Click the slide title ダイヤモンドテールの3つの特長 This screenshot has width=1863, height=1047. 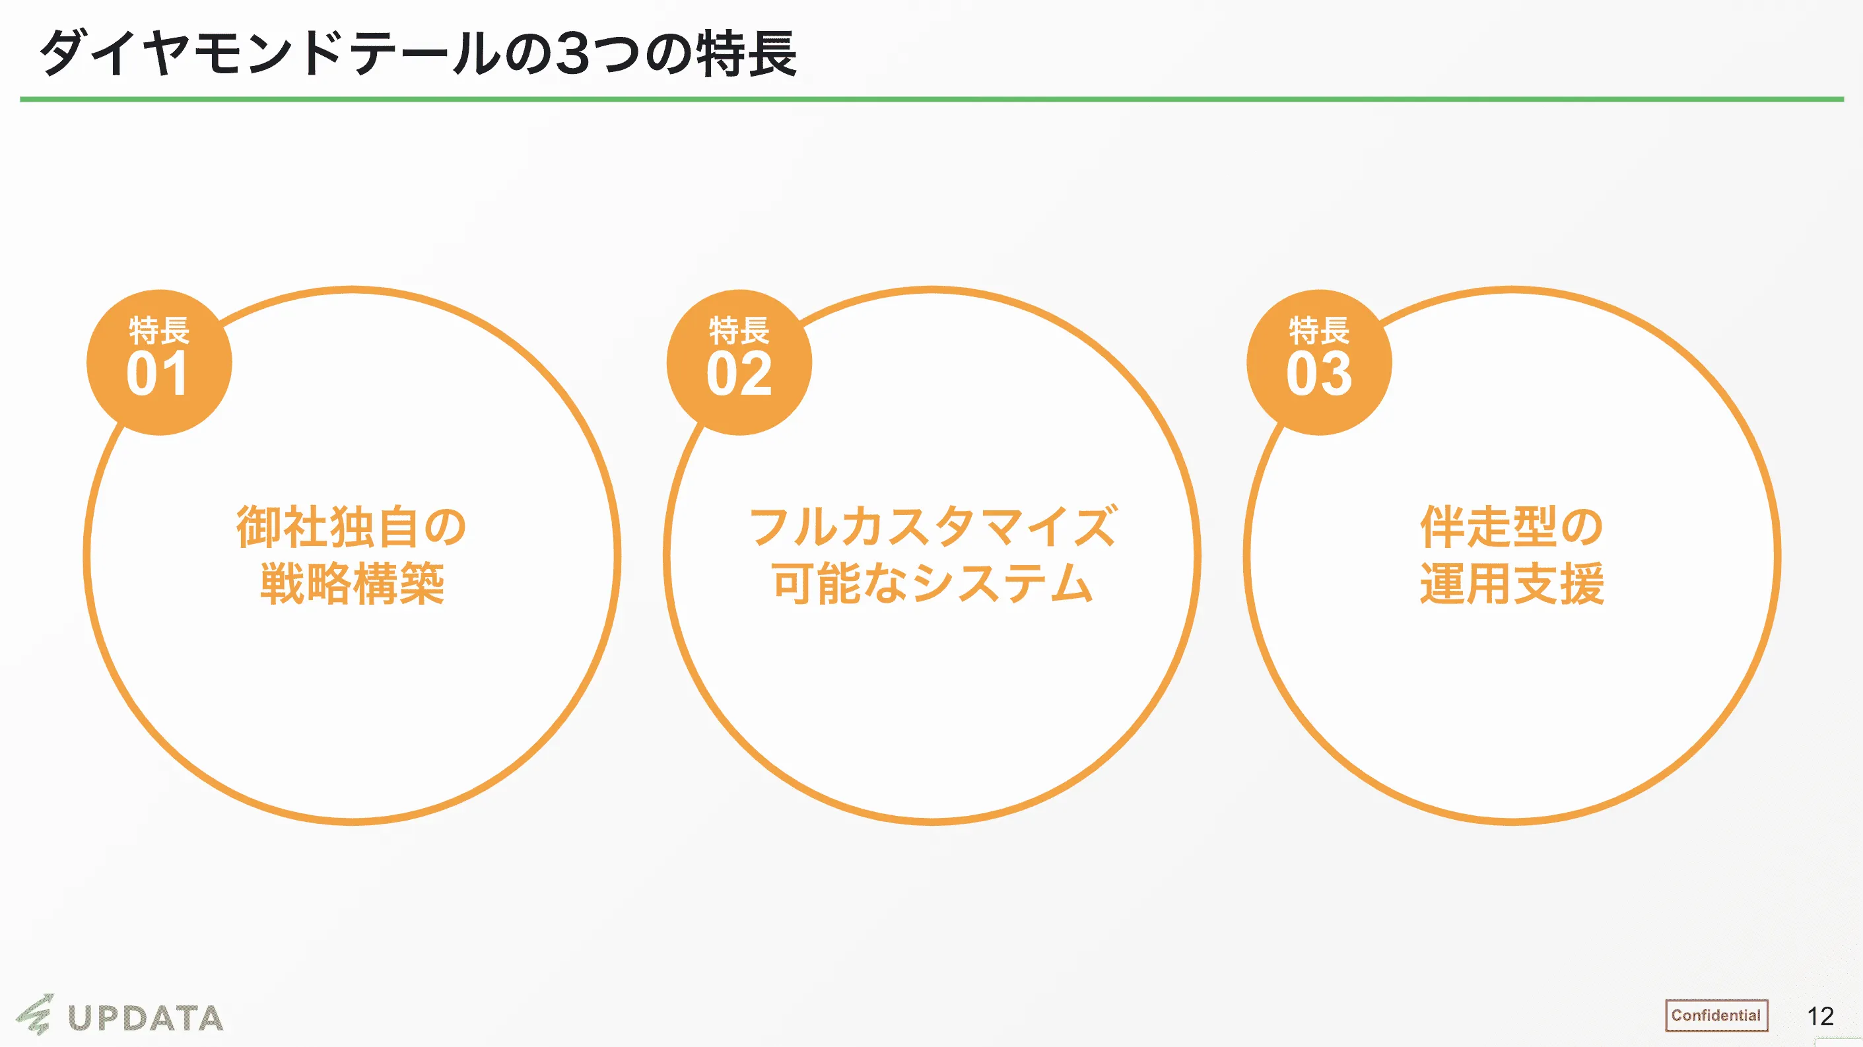coord(418,53)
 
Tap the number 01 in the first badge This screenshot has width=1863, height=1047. coord(158,374)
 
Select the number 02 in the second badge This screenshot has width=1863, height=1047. coord(739,374)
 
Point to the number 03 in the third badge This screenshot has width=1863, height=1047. coord(1318,374)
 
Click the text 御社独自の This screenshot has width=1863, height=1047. coord(351,526)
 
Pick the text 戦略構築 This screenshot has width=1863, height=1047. coord(351,583)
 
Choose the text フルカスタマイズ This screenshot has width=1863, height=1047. coord(932,526)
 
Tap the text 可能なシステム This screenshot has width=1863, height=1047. coord(932,583)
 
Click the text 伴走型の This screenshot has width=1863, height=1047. coord(1512,526)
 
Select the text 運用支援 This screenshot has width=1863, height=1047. coord(1512,583)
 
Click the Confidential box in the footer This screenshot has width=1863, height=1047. coord(1716,1015)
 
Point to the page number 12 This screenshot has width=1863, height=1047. coord(1819,1016)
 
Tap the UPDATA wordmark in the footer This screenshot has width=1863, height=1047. coord(145,1018)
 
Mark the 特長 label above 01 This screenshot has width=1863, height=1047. coord(159,331)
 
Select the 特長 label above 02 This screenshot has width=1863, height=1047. coord(739,331)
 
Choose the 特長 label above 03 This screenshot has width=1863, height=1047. coord(1319,331)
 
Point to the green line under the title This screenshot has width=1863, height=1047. coord(931,99)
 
